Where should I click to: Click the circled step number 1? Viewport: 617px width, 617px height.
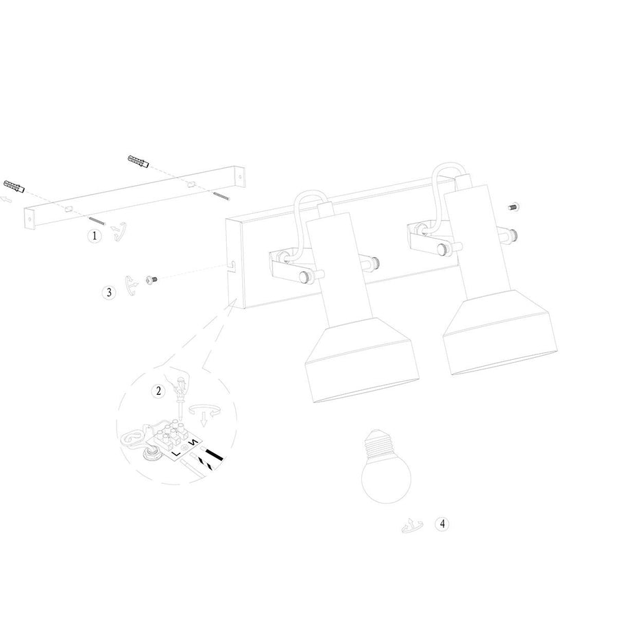(x=94, y=236)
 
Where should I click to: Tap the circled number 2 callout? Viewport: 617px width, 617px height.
(x=158, y=391)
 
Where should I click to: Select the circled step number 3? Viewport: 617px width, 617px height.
(x=109, y=292)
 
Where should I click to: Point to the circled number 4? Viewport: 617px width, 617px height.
(x=442, y=524)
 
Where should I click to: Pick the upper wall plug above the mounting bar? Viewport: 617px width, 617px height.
(x=138, y=161)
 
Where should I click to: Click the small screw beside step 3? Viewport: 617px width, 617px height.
(x=152, y=280)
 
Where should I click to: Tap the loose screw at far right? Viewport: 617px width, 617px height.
(x=513, y=206)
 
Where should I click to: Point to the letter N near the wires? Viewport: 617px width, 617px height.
(x=193, y=443)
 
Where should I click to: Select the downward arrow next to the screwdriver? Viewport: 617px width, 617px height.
(x=204, y=420)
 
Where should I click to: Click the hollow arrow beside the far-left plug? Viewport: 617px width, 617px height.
(x=6, y=199)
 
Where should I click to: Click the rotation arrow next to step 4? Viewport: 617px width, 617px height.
(x=411, y=526)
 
